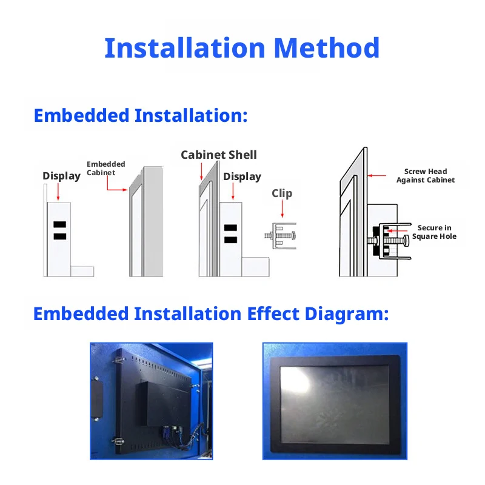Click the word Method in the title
327,48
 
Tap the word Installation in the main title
185,48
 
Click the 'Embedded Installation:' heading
141,116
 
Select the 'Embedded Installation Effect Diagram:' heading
211,314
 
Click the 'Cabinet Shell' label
219,155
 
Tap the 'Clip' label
282,193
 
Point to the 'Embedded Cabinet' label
105,169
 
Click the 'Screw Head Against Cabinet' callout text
426,176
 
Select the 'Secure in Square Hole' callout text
434,232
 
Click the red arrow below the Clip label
282,209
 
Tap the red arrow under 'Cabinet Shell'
201,172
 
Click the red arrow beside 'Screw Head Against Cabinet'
376,176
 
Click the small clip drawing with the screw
281,236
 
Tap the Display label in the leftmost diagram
62,176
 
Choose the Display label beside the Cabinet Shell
242,176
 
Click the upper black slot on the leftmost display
59,224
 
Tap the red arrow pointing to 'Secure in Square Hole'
397,231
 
